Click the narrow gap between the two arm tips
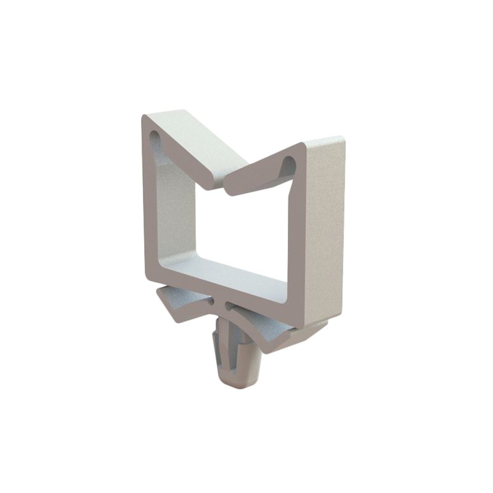click(221, 183)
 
